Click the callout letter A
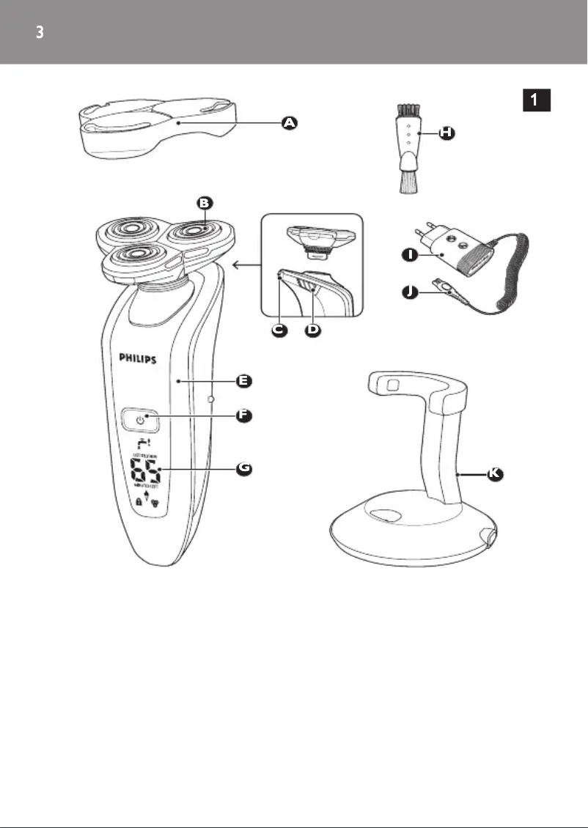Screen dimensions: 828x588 (x=290, y=124)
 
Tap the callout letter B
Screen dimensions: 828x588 (x=205, y=202)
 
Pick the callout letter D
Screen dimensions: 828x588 (x=313, y=330)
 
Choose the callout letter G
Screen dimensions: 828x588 (x=245, y=468)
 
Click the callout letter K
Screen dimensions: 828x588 (x=495, y=474)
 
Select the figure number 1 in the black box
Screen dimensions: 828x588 (x=537, y=100)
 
